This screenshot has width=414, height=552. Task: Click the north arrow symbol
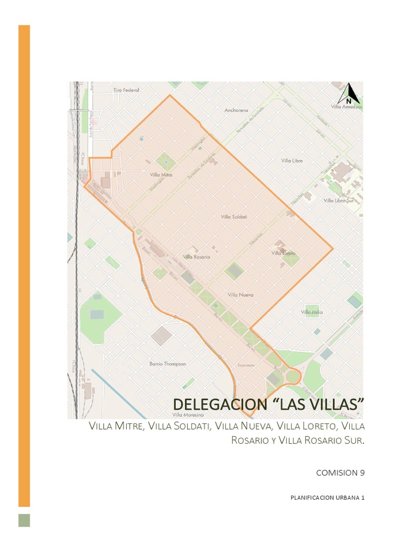pyautogui.click(x=349, y=94)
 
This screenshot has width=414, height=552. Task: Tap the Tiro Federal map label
pyautogui.click(x=126, y=90)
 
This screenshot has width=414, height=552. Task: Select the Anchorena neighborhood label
pyautogui.click(x=236, y=111)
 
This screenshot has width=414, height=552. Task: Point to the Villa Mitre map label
pyautogui.click(x=161, y=175)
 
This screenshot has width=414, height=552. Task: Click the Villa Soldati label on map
pyautogui.click(x=234, y=217)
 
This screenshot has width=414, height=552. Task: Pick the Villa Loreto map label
pyautogui.click(x=284, y=253)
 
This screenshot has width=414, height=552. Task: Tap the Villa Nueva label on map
pyautogui.click(x=240, y=295)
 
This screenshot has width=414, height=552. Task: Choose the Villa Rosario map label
pyautogui.click(x=196, y=257)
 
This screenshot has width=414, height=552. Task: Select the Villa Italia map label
pyautogui.click(x=312, y=312)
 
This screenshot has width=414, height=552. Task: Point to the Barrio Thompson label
pyautogui.click(x=167, y=364)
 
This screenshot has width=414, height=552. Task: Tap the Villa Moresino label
pyautogui.click(x=188, y=415)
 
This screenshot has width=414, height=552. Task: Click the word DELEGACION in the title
pyautogui.click(x=213, y=404)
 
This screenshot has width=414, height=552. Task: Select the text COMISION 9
pyautogui.click(x=340, y=473)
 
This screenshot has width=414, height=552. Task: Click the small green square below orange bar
pyautogui.click(x=24, y=520)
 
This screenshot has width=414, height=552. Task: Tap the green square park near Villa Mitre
pyautogui.click(x=165, y=161)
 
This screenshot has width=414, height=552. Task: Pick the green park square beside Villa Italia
pyautogui.click(x=312, y=310)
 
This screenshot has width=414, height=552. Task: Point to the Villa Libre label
pyautogui.click(x=292, y=161)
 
